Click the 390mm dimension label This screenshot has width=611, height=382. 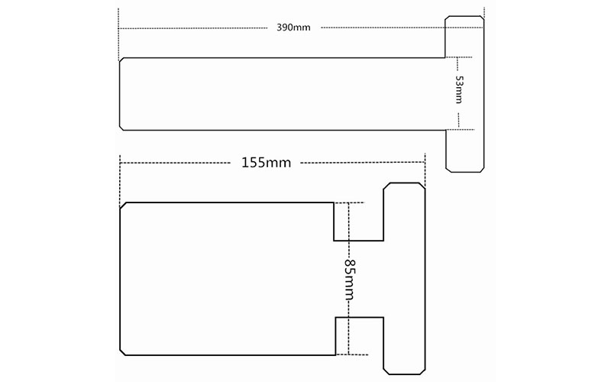pyautogui.click(x=293, y=28)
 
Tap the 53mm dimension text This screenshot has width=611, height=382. pyautogui.click(x=460, y=89)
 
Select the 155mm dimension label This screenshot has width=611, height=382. pyautogui.click(x=266, y=163)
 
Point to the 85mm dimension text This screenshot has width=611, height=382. pyautogui.click(x=349, y=280)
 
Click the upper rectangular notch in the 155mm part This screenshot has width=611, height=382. pyautogui.click(x=358, y=222)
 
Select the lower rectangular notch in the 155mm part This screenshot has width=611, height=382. pyautogui.click(x=359, y=336)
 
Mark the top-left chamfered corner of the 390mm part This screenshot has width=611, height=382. pyautogui.click(x=121, y=60)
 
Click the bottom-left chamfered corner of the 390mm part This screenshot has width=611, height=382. pyautogui.click(x=121, y=128)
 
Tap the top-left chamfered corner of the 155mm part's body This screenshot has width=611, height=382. pyautogui.click(x=123, y=206)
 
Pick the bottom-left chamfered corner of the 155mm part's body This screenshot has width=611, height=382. pyautogui.click(x=123, y=352)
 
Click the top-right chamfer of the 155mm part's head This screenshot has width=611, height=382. pyautogui.click(x=422, y=186)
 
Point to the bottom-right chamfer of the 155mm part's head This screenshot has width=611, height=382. pyautogui.click(x=422, y=371)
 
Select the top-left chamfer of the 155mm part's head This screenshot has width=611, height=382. pyautogui.click(x=387, y=186)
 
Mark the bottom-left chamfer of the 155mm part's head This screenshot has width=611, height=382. pyautogui.click(x=387, y=371)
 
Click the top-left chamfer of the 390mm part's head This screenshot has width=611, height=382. pyautogui.click(x=448, y=18)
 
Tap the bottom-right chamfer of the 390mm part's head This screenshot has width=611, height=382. pyautogui.click(x=482, y=170)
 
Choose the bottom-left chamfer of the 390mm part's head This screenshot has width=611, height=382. pyautogui.click(x=449, y=169)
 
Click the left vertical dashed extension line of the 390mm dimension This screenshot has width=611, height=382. pyautogui.click(x=118, y=34)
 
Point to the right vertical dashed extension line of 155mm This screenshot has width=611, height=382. pyautogui.click(x=425, y=170)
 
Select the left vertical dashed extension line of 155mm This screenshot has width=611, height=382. pyautogui.click(x=120, y=180)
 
